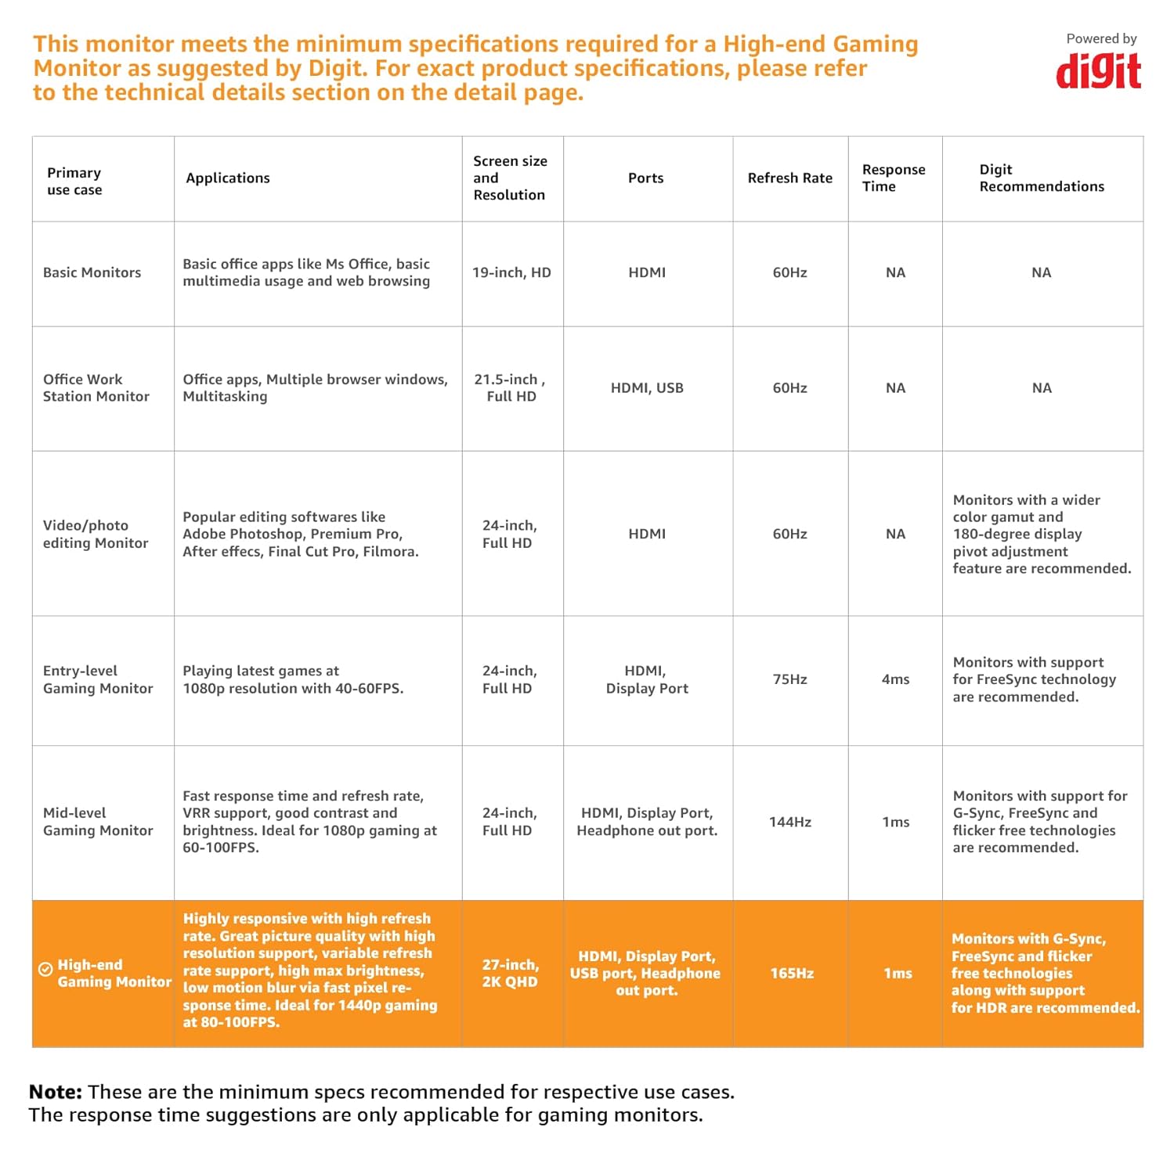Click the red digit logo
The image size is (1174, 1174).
click(1098, 71)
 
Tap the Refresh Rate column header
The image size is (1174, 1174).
click(789, 178)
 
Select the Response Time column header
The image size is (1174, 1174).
click(894, 178)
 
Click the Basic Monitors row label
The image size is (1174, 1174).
click(92, 272)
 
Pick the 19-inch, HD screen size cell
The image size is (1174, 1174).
click(511, 272)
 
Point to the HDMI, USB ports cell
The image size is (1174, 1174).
click(647, 388)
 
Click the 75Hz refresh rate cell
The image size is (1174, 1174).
click(789, 679)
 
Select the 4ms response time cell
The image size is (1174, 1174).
click(895, 679)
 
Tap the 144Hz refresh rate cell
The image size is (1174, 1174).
click(789, 822)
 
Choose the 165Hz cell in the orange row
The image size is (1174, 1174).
click(792, 974)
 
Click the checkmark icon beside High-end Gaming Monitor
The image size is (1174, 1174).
click(45, 969)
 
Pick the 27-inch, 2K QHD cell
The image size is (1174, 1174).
click(510, 974)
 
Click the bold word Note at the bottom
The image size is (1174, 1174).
click(56, 1092)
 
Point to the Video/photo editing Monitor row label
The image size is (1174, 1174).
click(96, 535)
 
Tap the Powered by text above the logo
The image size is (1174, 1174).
click(1101, 38)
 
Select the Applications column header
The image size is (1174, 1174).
click(228, 178)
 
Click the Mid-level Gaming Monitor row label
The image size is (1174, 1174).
click(98, 822)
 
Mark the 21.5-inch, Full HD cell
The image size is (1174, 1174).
click(511, 388)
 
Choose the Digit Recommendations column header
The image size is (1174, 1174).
click(1041, 178)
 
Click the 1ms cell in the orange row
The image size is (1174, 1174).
click(898, 974)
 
